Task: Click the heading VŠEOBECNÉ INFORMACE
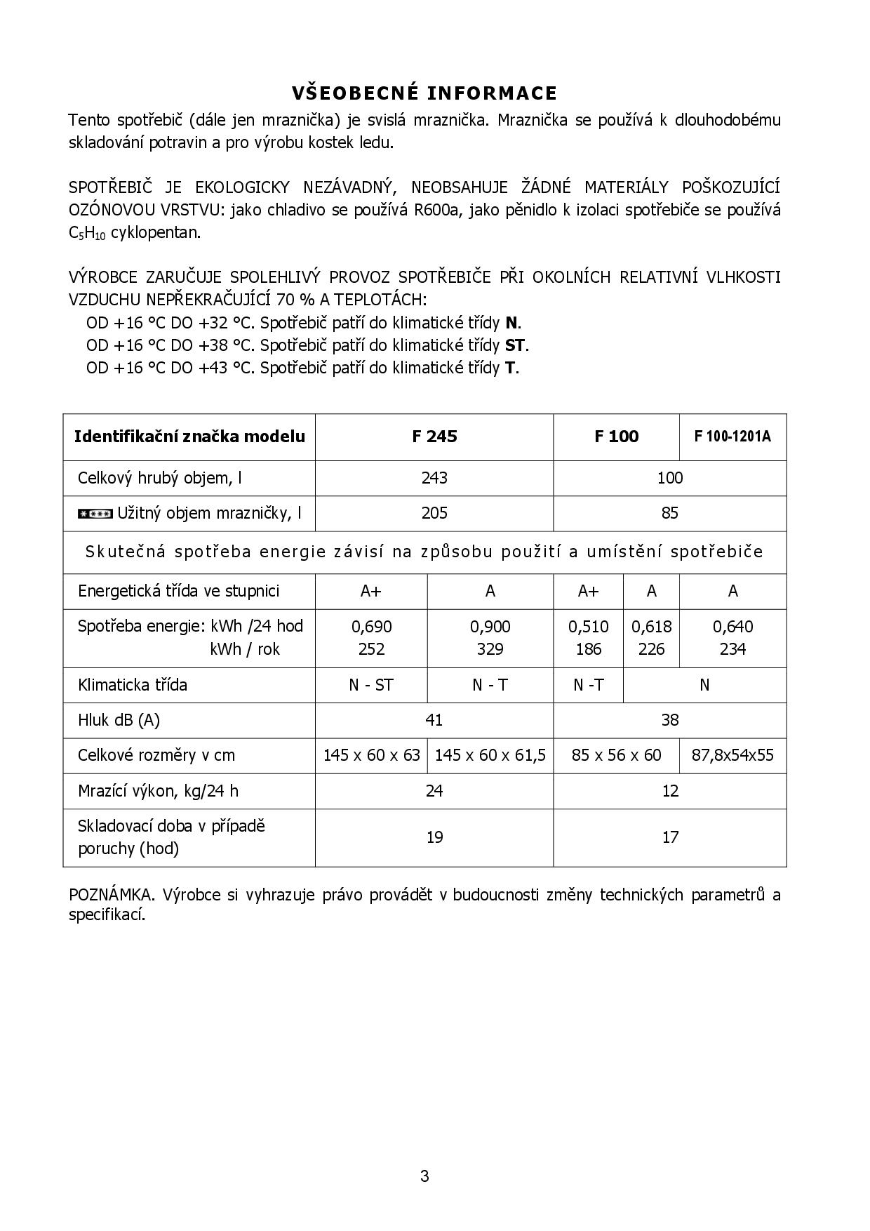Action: point(424,93)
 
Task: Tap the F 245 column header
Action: point(434,437)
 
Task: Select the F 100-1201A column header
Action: point(732,437)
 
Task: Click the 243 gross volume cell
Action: point(434,478)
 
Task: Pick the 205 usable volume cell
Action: point(434,513)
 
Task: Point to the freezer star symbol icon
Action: point(95,514)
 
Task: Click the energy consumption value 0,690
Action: point(371,626)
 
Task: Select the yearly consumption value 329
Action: point(490,649)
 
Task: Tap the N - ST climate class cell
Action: point(371,685)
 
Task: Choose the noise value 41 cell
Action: point(434,720)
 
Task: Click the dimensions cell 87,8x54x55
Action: point(732,755)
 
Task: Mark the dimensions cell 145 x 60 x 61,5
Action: point(490,755)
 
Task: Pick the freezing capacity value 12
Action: point(670,791)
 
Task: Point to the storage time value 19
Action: point(434,837)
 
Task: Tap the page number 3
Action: point(424,1176)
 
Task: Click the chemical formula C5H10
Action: point(87,234)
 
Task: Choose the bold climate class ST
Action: point(515,345)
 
